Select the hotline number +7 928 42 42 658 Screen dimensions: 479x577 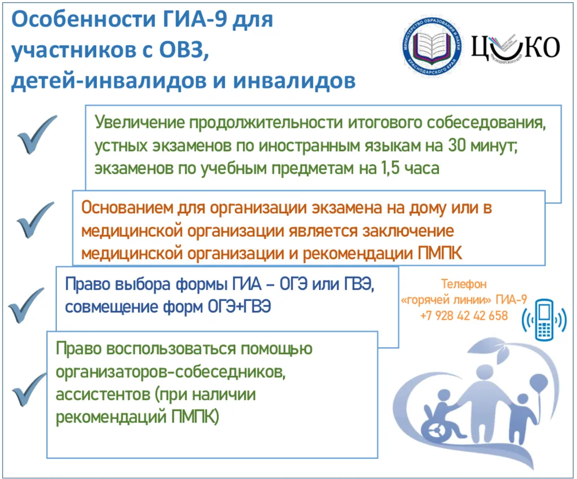click(464, 316)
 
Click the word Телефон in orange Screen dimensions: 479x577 click(463, 285)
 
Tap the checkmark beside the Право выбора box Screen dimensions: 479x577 click(25, 305)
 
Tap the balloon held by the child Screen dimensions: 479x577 click(538, 383)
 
